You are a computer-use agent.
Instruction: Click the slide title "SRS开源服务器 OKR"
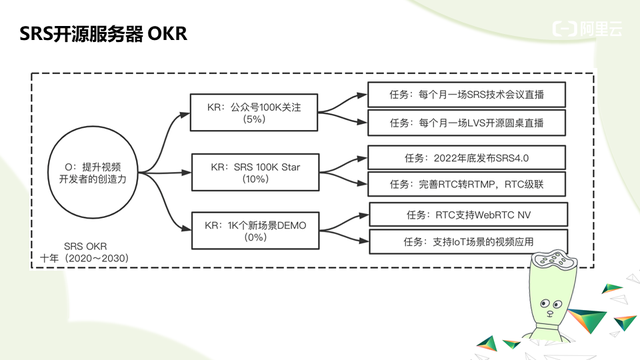[x=103, y=33]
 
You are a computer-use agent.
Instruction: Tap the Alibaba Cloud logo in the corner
[x=587, y=29]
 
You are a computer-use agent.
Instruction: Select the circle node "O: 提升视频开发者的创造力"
[x=93, y=172]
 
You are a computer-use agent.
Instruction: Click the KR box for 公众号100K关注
[x=254, y=113]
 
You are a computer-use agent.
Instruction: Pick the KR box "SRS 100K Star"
[x=255, y=172]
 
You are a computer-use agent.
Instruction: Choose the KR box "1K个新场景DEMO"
[x=255, y=231]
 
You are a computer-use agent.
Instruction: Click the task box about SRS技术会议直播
[x=467, y=95]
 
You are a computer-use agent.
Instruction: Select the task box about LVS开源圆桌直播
[x=467, y=122]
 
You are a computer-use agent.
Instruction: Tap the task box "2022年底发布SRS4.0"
[x=467, y=158]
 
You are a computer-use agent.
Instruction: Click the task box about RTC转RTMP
[x=467, y=184]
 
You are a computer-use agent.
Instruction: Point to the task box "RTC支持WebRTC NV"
[x=468, y=215]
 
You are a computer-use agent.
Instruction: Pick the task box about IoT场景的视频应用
[x=468, y=242]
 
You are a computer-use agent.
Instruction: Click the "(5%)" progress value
[x=254, y=119]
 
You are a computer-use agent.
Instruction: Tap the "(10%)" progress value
[x=255, y=179]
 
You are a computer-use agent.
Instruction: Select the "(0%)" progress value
[x=255, y=237]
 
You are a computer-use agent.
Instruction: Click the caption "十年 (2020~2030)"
[x=84, y=258]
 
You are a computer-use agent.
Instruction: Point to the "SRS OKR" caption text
[x=85, y=246]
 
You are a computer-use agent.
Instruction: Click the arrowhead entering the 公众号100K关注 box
[x=185, y=115]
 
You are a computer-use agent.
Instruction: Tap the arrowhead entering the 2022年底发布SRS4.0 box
[x=362, y=158]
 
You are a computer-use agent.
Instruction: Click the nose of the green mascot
[x=550, y=313]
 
